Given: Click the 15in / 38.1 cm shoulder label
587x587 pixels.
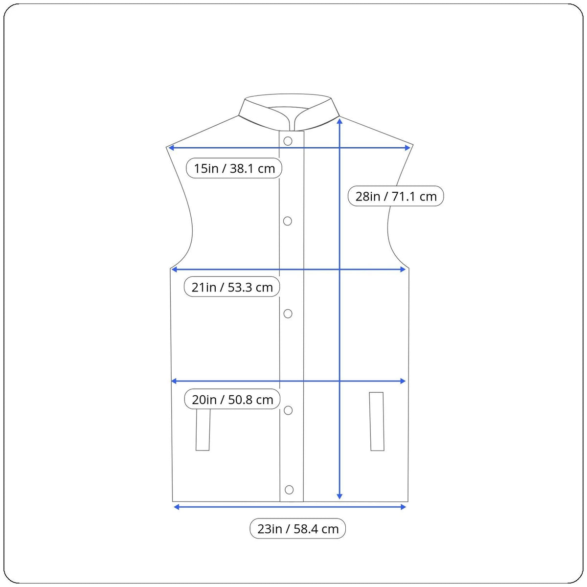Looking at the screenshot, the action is (x=234, y=168).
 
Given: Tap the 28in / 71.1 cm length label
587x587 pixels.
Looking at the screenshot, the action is (x=396, y=196).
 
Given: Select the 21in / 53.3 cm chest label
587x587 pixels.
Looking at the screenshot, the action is (x=232, y=287).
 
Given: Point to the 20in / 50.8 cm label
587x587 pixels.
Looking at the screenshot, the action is (x=232, y=399).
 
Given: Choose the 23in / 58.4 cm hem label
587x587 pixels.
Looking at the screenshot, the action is (x=297, y=528).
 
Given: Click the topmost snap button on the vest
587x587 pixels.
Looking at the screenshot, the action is (x=288, y=141).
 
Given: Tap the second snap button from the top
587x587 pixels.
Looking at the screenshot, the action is (x=288, y=221).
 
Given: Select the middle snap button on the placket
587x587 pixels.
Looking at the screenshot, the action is (x=288, y=314).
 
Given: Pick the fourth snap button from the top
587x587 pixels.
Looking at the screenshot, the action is (x=288, y=410).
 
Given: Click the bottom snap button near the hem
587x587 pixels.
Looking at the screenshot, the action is (x=289, y=490).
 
